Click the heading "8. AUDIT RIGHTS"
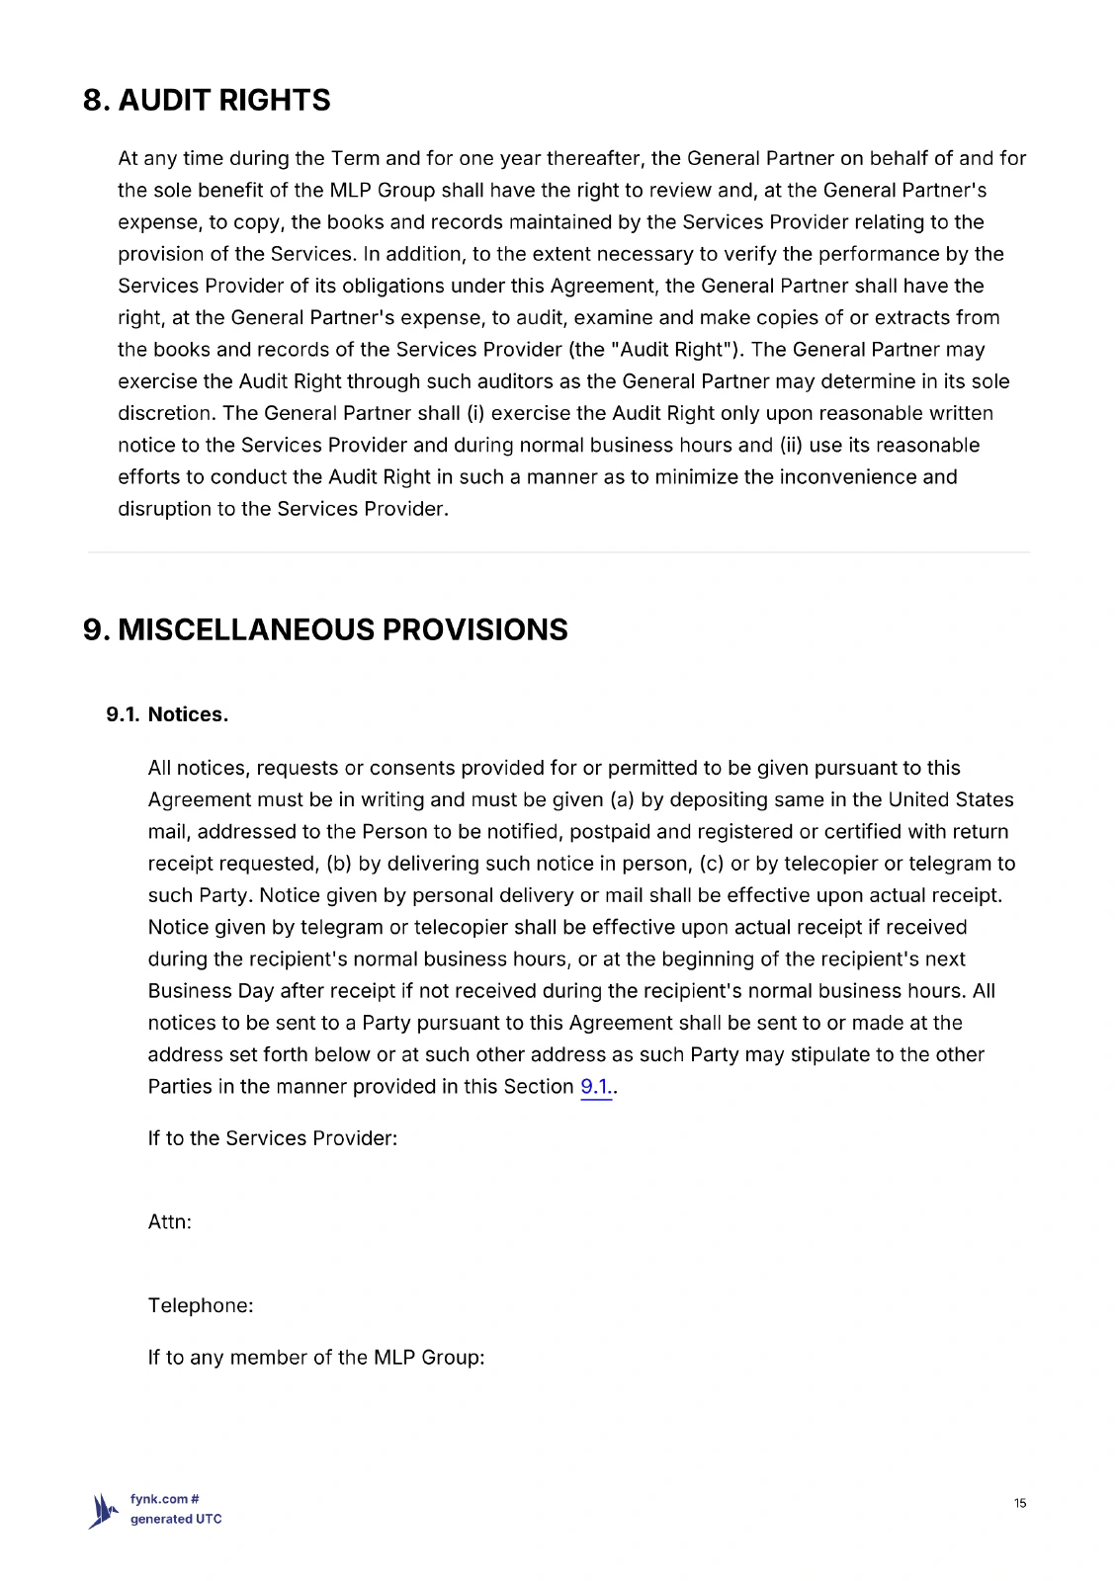point(207,100)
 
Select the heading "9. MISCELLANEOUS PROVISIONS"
point(325,629)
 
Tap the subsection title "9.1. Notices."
point(167,714)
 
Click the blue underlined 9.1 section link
point(595,1087)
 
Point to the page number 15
point(1020,1503)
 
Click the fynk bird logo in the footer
point(103,1511)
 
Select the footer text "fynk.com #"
point(165,1499)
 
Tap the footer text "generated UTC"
point(176,1519)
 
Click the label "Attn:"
point(170,1222)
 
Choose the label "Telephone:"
point(201,1305)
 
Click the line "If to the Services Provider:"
point(273,1138)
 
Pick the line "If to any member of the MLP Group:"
point(316,1358)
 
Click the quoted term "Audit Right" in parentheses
point(676,350)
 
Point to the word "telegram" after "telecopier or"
point(949,864)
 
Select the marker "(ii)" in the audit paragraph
point(791,446)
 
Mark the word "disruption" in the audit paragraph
point(164,509)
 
